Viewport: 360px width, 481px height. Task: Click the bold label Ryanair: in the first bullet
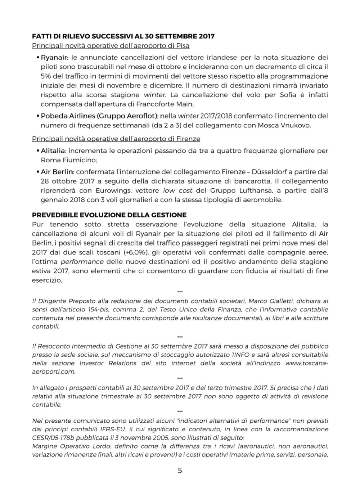click(55, 57)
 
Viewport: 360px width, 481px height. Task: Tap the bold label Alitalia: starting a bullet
click(53, 150)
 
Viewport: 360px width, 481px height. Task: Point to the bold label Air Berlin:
click(57, 172)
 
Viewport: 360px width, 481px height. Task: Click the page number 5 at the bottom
click(180, 471)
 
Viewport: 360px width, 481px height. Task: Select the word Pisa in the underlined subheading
click(183, 46)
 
